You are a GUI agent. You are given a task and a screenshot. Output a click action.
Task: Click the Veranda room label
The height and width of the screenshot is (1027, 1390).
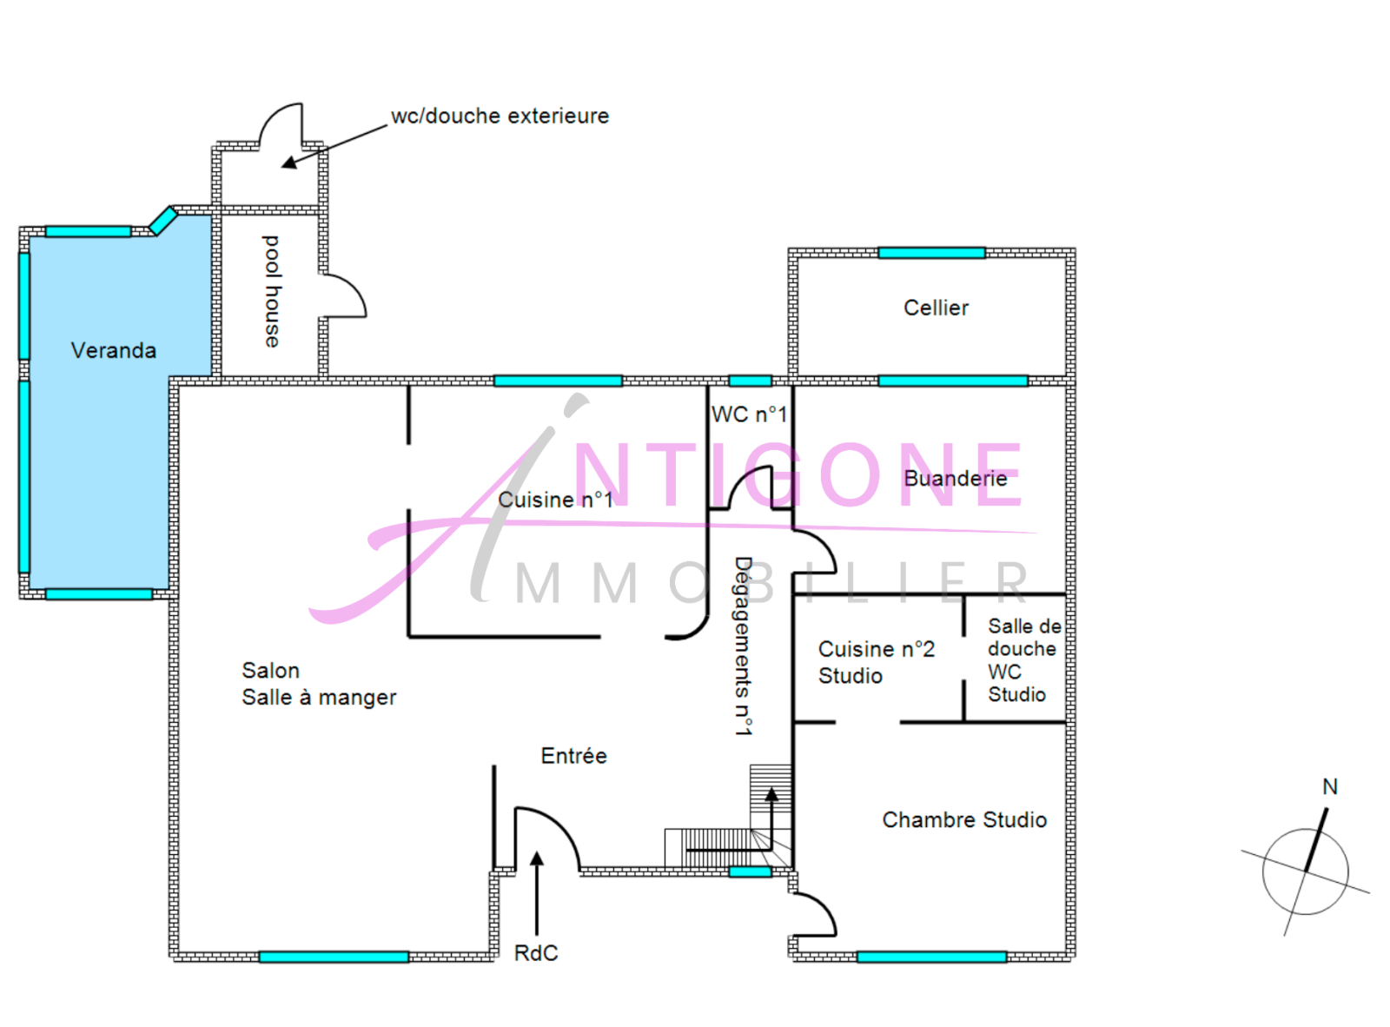[113, 350]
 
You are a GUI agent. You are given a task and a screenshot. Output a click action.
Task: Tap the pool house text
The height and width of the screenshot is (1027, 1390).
[272, 291]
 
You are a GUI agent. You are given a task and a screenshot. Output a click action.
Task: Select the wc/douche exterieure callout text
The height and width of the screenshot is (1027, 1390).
[500, 116]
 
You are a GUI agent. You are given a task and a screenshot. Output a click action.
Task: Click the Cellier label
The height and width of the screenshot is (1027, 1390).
[936, 308]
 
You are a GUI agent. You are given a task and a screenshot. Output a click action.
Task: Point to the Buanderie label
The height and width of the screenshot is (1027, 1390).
[955, 478]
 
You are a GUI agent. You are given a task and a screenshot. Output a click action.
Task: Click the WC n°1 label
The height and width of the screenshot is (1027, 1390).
[749, 414]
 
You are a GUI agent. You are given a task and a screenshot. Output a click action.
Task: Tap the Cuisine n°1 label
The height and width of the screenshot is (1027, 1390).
[555, 500]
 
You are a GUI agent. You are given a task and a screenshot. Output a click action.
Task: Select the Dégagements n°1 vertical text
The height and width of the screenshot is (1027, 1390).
[743, 646]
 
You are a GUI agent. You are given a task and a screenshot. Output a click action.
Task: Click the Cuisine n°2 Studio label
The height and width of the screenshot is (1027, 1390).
[875, 662]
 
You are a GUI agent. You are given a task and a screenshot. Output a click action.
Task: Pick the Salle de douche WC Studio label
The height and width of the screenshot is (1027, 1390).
[1023, 660]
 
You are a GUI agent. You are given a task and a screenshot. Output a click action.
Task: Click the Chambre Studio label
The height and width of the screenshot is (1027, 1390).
[964, 819]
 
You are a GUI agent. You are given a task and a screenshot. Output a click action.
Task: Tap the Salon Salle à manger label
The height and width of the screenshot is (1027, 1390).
[318, 684]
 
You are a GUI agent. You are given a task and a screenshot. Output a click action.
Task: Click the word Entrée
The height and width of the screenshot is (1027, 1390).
[573, 756]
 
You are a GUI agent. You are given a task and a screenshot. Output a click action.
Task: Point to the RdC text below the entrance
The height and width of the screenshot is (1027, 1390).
[536, 953]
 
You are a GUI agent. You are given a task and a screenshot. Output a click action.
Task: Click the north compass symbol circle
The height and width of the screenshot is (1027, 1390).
[1305, 871]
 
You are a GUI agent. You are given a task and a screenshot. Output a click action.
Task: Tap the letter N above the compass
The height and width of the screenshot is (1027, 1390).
[1329, 786]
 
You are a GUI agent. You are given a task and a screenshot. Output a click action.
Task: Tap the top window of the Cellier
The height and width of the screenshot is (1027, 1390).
[931, 253]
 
